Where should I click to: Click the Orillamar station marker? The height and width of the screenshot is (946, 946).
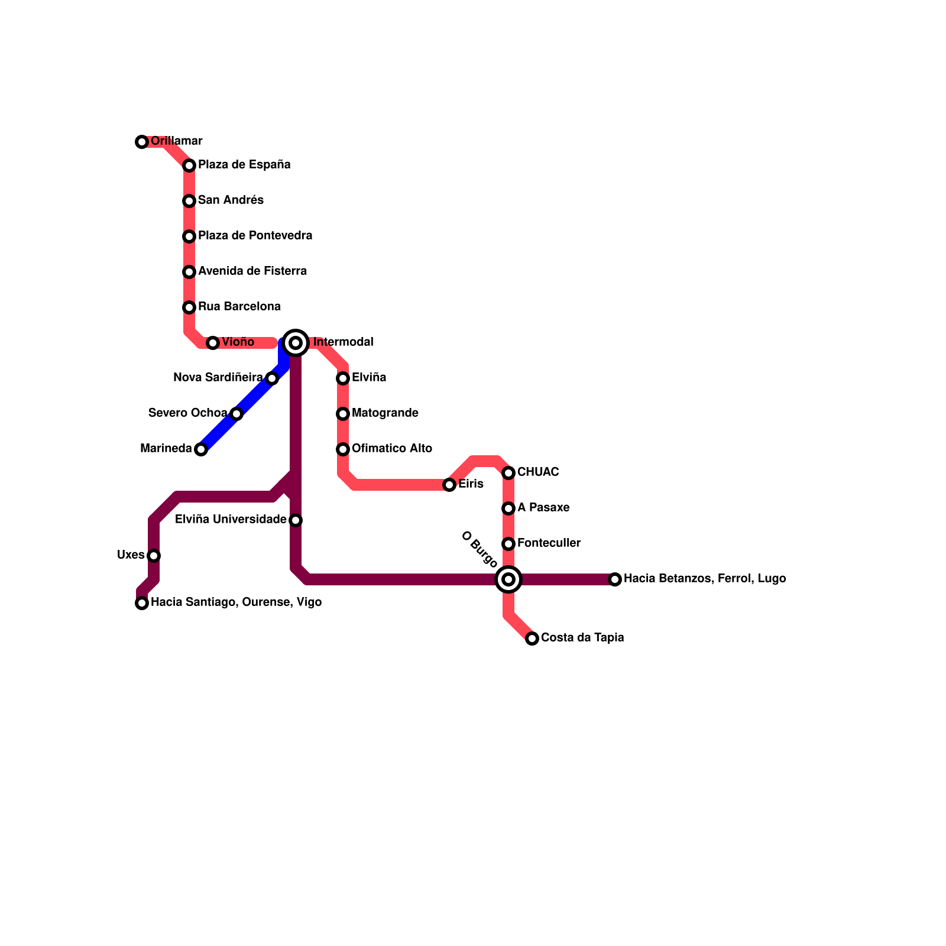(x=142, y=142)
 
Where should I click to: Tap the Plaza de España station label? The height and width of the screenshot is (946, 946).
(x=244, y=164)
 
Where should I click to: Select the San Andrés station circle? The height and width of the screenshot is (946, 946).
(x=189, y=201)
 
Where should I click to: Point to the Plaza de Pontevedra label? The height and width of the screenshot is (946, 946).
(x=255, y=235)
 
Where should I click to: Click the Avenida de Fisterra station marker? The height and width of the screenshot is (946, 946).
(x=189, y=272)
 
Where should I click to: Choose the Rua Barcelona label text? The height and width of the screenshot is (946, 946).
(x=239, y=306)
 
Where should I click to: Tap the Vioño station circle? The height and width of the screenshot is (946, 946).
(x=213, y=343)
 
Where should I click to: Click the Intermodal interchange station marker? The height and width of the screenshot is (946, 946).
(x=296, y=343)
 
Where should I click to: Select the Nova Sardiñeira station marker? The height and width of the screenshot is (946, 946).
(x=272, y=378)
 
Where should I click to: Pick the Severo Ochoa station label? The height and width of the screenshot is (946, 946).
(x=187, y=413)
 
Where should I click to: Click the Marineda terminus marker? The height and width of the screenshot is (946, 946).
(x=201, y=449)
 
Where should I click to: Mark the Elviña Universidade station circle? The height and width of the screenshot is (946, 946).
(x=296, y=520)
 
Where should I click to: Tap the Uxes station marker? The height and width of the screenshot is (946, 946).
(x=154, y=556)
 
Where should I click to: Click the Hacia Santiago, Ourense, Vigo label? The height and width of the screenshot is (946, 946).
(x=236, y=602)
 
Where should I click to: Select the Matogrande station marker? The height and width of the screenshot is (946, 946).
(x=343, y=414)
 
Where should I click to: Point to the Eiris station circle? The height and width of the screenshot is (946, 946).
(x=449, y=485)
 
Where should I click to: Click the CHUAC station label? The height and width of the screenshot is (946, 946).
(x=537, y=472)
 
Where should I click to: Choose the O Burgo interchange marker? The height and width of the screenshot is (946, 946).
(x=508, y=579)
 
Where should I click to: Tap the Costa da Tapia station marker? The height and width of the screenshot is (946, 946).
(x=532, y=639)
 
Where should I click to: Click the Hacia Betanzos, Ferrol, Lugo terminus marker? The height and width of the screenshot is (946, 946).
(x=615, y=579)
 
